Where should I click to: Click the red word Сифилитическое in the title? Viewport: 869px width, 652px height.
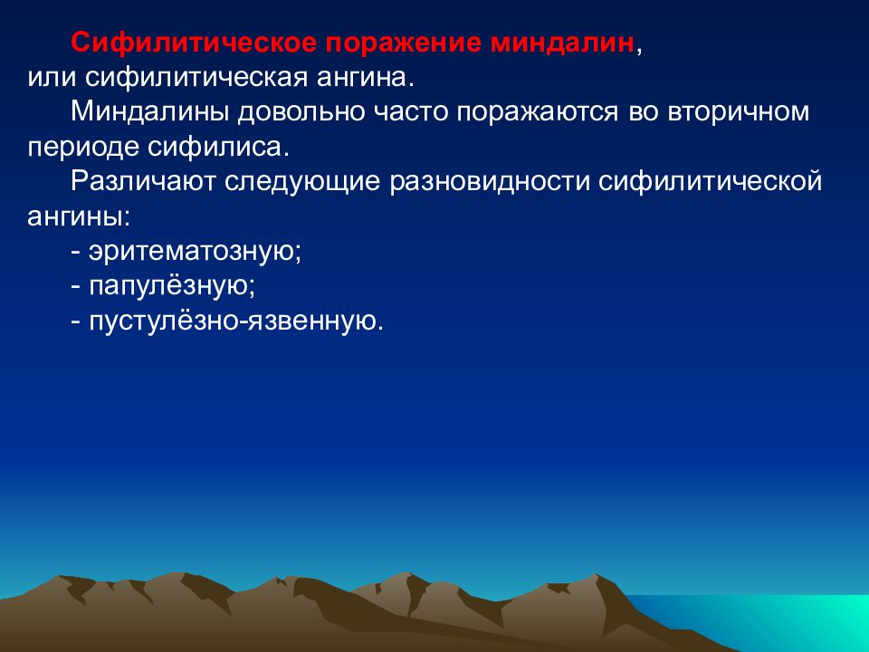(193, 43)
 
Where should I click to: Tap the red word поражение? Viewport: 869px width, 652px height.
(403, 43)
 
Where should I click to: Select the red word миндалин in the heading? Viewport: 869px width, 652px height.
(562, 43)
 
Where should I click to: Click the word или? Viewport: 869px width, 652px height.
(52, 78)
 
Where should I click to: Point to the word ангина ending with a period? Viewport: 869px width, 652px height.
(365, 78)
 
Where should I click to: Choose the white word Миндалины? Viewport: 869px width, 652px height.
(149, 112)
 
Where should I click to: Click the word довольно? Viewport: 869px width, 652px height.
(301, 112)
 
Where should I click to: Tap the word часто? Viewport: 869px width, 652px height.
(411, 112)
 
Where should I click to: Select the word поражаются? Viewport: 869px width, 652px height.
(537, 112)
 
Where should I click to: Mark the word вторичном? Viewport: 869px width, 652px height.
(739, 112)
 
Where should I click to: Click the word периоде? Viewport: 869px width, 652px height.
(83, 147)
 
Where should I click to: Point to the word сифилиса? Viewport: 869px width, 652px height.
(218, 147)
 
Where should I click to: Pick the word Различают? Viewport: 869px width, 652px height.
(142, 182)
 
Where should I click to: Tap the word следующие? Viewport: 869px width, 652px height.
(302, 182)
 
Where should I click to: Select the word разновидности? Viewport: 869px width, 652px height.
(490, 182)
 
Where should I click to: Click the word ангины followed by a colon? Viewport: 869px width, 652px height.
(79, 216)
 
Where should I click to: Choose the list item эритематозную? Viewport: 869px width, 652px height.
(195, 252)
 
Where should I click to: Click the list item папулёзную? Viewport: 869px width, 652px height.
(172, 287)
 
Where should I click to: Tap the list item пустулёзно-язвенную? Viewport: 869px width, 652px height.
(236, 321)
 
